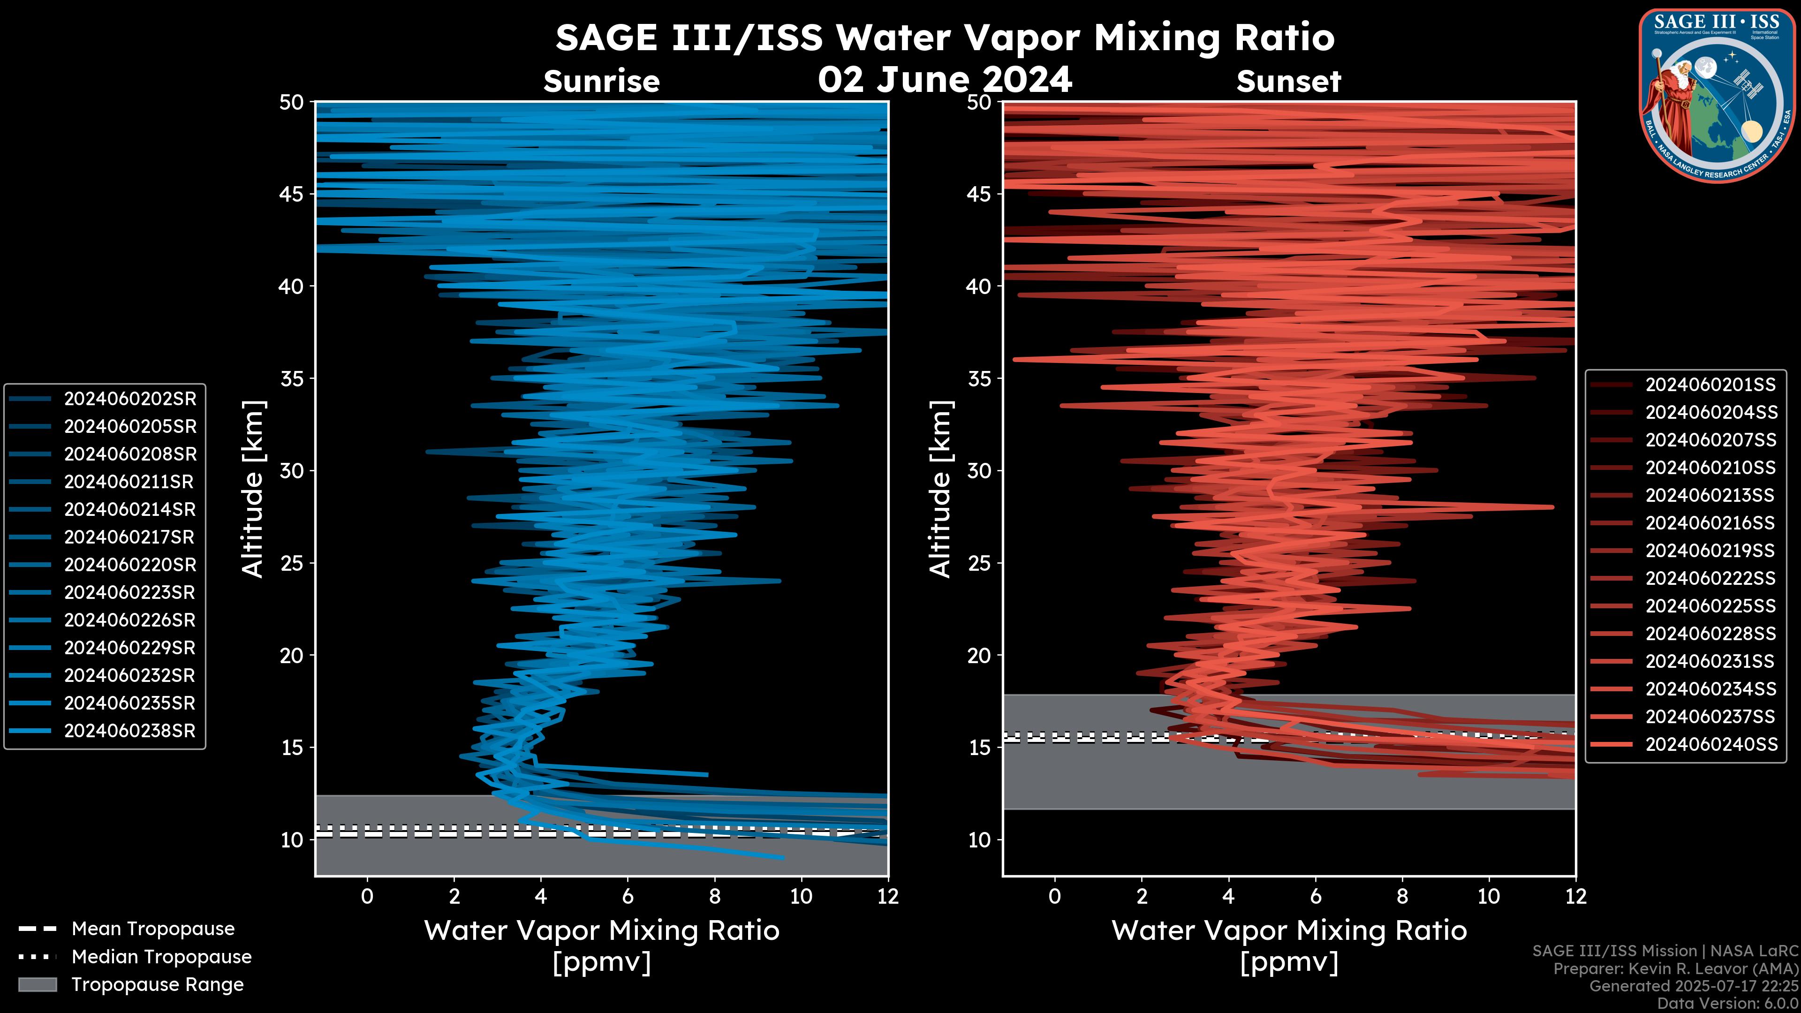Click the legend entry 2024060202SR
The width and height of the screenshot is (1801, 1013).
point(130,399)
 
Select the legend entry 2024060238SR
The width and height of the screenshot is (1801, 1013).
point(130,731)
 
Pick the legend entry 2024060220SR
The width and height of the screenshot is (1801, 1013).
point(130,565)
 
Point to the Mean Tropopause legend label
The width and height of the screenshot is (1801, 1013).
point(152,929)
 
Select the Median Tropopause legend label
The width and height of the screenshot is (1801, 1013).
point(161,956)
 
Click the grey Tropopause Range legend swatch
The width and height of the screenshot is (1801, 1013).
point(38,984)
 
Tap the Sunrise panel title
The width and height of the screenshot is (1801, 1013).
point(601,82)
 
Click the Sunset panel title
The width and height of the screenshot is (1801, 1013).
point(1288,82)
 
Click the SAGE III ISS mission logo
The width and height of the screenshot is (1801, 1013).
point(1717,94)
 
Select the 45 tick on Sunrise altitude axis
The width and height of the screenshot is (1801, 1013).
point(292,194)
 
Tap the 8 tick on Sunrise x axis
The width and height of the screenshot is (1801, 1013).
point(714,896)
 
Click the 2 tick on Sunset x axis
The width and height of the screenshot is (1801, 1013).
point(1142,896)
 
